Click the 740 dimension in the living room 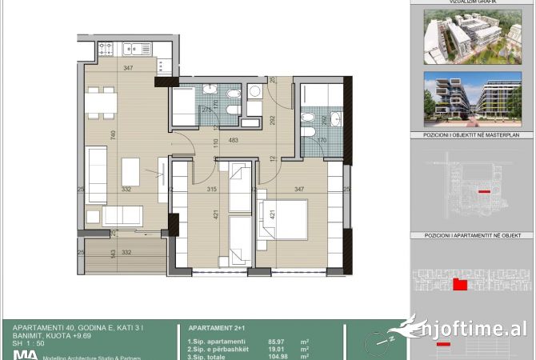coord(114,134)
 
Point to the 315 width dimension coord(213,189)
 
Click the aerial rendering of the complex coord(471,36)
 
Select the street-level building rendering coord(471,98)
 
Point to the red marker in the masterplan coord(483,192)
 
